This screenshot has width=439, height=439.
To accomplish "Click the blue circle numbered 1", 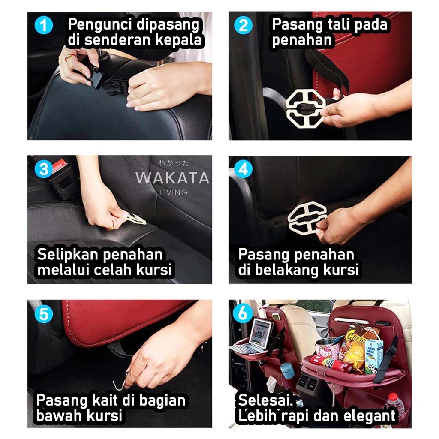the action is coord(44,25).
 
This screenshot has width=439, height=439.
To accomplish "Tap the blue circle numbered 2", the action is coord(243,25).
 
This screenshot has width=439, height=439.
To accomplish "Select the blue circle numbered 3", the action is coord(44,169).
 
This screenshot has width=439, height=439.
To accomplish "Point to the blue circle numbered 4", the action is coord(243,169).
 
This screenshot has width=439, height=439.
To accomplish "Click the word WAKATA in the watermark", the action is coord(172,178).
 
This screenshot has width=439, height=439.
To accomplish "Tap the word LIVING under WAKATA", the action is coord(174,192).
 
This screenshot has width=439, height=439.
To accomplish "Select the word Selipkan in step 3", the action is coord(67,255).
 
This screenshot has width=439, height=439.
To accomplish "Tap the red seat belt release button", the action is coord(59,165).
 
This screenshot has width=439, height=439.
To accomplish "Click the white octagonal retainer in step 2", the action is coord(305,108).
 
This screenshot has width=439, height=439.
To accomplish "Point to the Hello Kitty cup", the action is coord(326,349).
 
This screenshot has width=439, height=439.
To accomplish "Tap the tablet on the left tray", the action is coord(261,334).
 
